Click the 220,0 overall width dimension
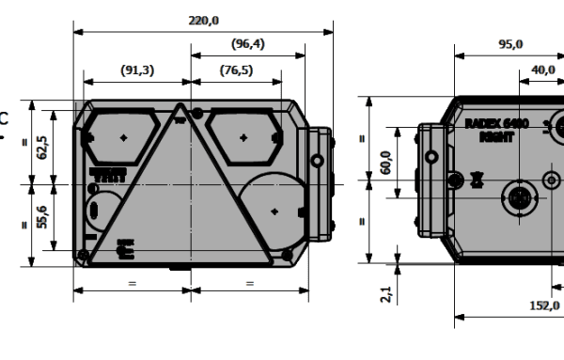click(203, 20)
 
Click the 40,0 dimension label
click(542, 69)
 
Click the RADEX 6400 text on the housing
click(495, 123)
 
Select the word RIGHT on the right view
click(495, 135)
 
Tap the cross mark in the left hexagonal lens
click(123, 137)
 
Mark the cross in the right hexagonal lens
click(243, 137)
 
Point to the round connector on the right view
click(520, 198)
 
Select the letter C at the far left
click(4, 119)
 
